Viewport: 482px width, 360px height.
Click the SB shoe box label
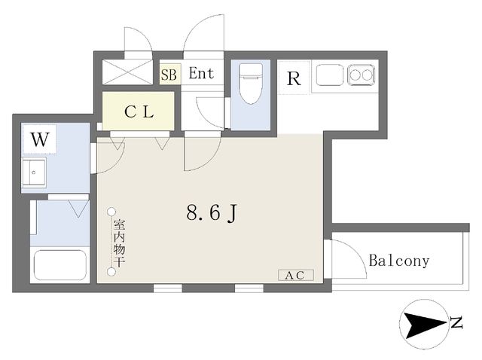pos(169,75)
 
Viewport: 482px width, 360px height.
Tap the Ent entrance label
pos(201,73)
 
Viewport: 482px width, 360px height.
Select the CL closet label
pos(139,112)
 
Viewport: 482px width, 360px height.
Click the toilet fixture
pos(251,83)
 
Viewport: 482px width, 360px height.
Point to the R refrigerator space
pos(294,78)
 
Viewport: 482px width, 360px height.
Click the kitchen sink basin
pos(330,75)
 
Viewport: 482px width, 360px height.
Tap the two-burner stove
pos(361,75)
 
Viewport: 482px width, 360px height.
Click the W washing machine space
pos(40,139)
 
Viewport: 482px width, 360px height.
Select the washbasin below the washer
pos(34,172)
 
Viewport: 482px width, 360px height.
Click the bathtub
pos(60,265)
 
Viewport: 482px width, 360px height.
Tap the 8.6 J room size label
pos(212,212)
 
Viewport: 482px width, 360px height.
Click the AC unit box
pos(296,275)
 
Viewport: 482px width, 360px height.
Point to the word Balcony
pos(399,261)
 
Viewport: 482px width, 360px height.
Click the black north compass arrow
pos(424,324)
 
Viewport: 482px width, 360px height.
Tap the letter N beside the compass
pos(457,322)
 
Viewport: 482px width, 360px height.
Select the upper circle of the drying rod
pos(111,212)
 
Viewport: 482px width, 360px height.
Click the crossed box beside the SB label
pos(127,72)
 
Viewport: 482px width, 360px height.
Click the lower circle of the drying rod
pos(111,272)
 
